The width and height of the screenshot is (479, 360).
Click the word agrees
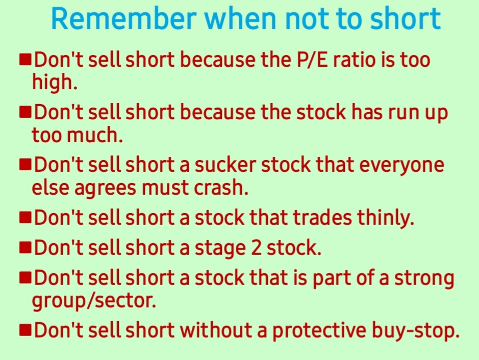point(106,188)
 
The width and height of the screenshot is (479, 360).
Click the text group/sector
point(93,301)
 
